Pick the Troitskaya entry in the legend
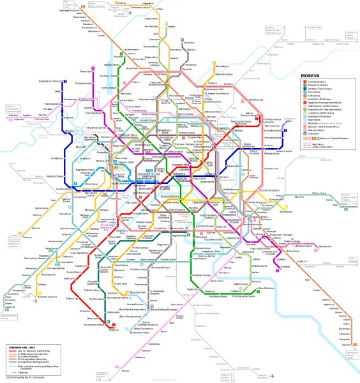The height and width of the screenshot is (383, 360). (315, 130)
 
